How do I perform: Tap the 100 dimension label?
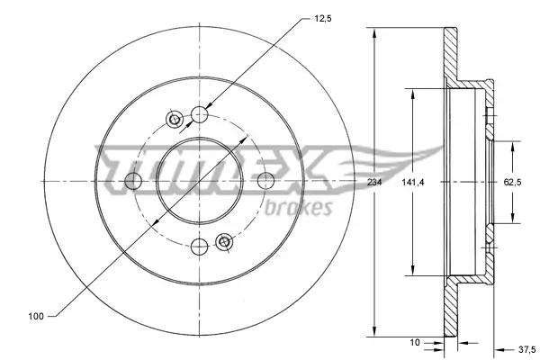tap(36, 317)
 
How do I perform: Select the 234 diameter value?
tap(374, 183)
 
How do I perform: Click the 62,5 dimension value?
tap(513, 183)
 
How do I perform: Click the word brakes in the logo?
tap(300, 207)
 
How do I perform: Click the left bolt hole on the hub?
tap(134, 181)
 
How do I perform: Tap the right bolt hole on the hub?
tap(265, 181)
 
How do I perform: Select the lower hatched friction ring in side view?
tap(451, 301)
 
